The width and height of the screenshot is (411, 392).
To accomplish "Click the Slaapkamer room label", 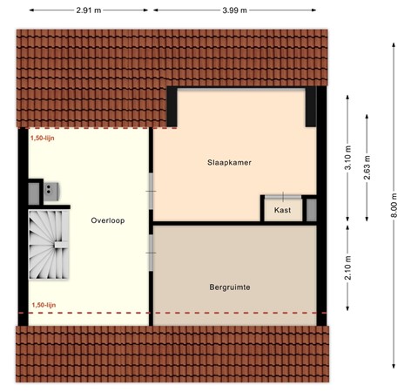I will pos(230,162).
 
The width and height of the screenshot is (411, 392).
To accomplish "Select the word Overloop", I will pos(108,221).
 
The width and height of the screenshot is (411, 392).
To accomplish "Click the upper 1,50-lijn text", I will pos(42,138).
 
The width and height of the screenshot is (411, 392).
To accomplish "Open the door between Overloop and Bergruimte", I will pos(151,253).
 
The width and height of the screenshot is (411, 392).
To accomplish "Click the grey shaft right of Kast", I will pos(311,210).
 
